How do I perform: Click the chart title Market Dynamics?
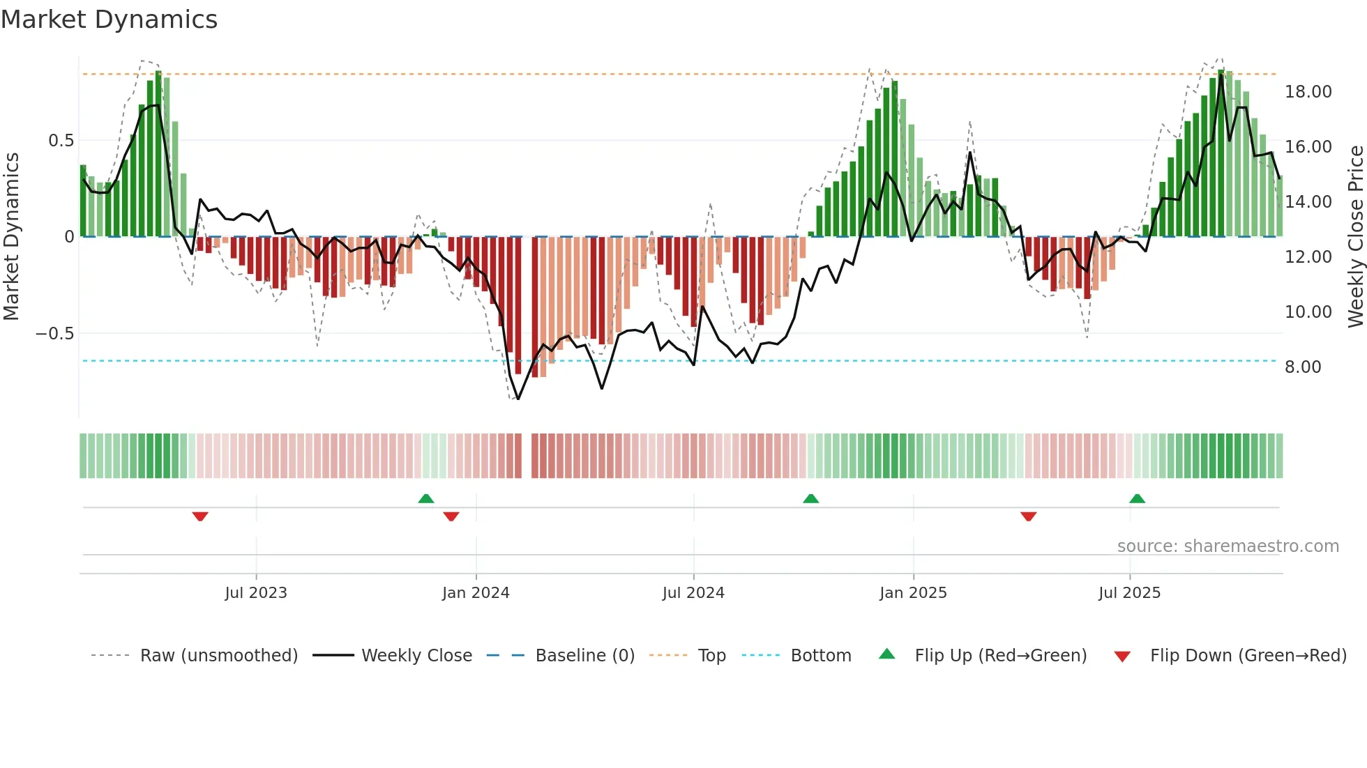point(109,20)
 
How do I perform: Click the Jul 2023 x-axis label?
point(256,593)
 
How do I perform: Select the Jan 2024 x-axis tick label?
point(476,593)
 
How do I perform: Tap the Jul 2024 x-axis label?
point(693,593)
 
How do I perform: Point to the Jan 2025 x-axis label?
point(913,593)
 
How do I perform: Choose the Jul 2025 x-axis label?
point(1129,593)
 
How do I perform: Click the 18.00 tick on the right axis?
point(1308,92)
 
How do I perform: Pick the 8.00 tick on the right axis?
point(1303,367)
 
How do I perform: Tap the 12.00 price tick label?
point(1308,257)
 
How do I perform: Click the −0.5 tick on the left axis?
point(55,334)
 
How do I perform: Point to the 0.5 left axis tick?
point(61,141)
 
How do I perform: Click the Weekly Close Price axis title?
point(1355,236)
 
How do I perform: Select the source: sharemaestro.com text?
point(1228,546)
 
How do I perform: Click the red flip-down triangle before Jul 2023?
point(200,516)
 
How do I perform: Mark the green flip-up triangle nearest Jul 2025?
point(1137,498)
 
